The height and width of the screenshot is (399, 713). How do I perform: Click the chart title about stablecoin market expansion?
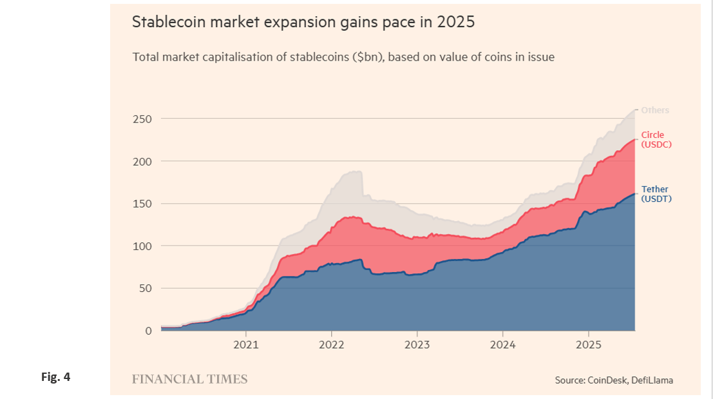(x=303, y=22)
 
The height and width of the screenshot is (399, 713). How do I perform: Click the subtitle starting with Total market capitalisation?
(x=343, y=57)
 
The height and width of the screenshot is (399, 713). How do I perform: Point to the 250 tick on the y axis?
(x=142, y=119)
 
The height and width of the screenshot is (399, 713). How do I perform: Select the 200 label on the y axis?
(x=142, y=161)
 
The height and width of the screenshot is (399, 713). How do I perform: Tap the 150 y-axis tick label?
(x=142, y=204)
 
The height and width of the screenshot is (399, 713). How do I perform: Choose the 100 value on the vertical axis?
(x=142, y=246)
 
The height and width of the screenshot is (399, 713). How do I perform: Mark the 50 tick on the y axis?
(x=145, y=288)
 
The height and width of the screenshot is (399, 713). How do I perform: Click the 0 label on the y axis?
(x=148, y=331)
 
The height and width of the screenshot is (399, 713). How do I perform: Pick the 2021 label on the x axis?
(x=245, y=345)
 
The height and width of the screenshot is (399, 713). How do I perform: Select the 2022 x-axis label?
(x=331, y=345)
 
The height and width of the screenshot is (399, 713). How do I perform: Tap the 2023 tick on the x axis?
(x=417, y=345)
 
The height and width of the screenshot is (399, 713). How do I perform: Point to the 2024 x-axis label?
(x=502, y=345)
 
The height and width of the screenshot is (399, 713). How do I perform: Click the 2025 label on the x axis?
(x=588, y=345)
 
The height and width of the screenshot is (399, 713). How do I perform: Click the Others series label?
(x=655, y=110)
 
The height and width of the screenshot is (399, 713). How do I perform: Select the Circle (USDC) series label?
(x=656, y=140)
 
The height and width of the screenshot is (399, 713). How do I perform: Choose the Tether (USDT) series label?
(x=656, y=194)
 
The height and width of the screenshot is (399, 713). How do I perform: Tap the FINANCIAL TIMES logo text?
(x=189, y=379)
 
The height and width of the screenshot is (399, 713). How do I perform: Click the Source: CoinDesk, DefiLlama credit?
(x=614, y=380)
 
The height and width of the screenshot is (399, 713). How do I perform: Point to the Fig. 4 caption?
(x=55, y=377)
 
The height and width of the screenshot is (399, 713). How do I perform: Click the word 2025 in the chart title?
(x=455, y=22)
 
